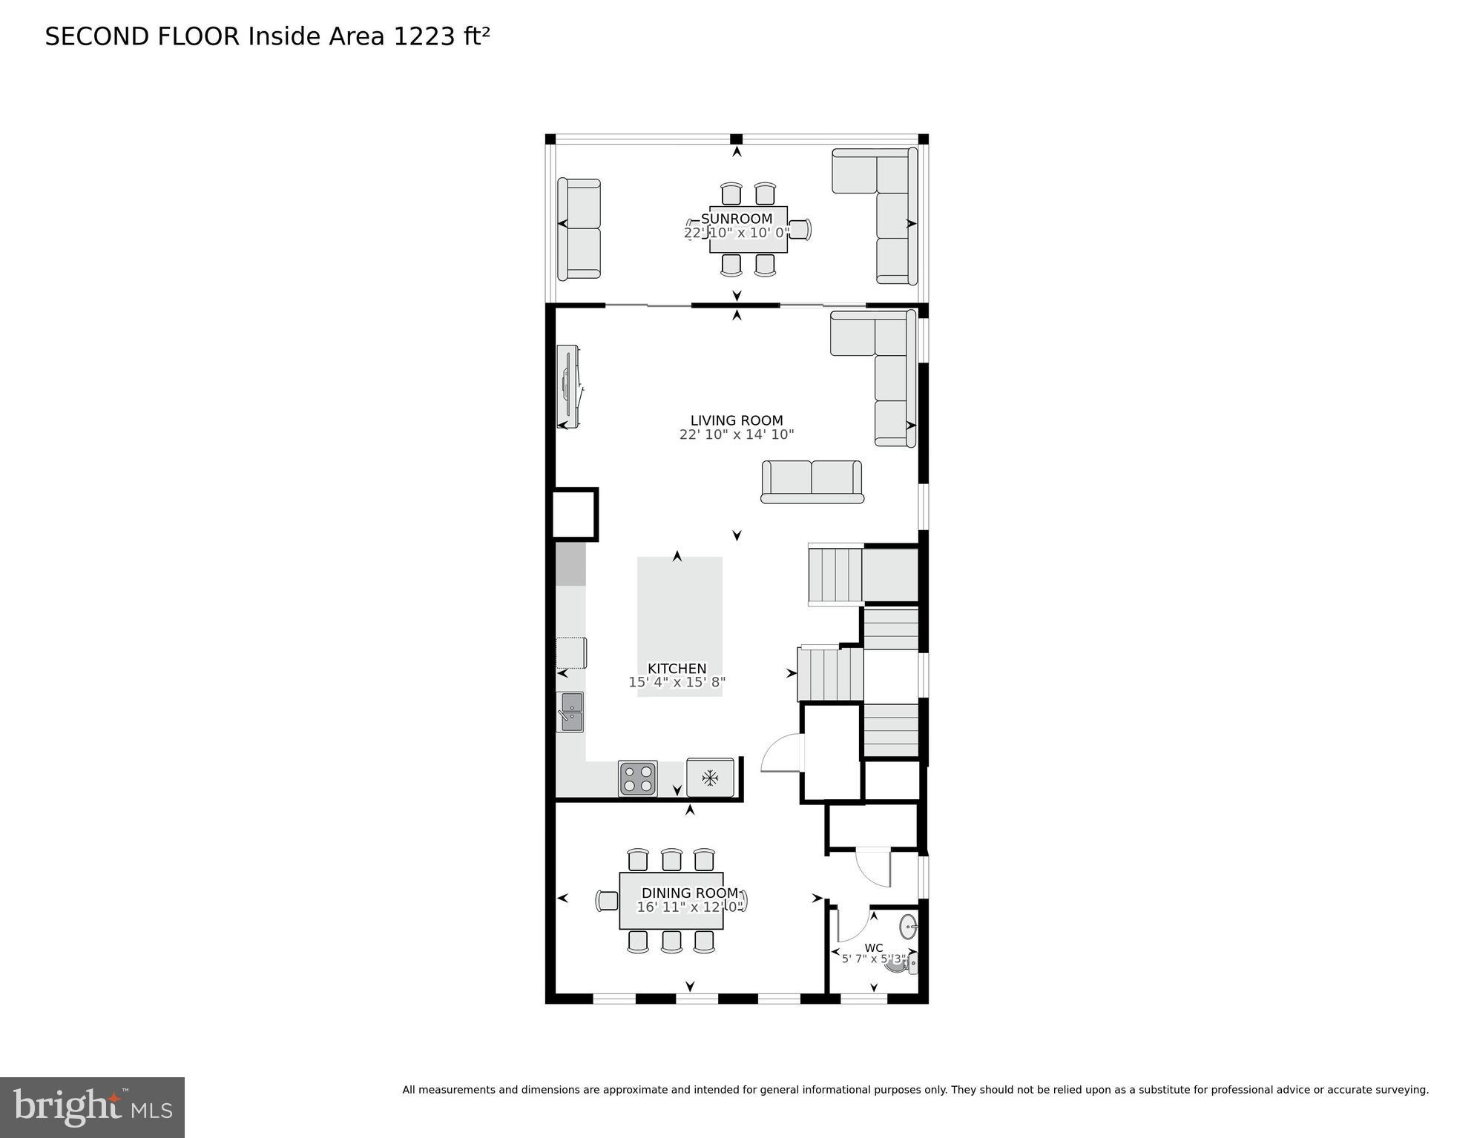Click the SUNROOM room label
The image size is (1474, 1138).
736,219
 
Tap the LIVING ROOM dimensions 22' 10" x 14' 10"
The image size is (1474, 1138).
736,434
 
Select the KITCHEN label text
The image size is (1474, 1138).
677,668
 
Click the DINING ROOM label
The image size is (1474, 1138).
689,893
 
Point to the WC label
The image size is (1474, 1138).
873,947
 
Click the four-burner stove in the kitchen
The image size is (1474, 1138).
637,778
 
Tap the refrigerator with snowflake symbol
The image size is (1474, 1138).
710,778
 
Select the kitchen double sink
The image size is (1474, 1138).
571,712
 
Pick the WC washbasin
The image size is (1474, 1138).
909,926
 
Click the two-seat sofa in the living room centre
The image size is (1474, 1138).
812,481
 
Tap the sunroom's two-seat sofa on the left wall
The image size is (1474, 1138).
579,228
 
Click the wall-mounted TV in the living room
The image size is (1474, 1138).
570,386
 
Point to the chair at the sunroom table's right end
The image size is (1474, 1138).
800,229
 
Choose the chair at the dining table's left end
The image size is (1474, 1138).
607,900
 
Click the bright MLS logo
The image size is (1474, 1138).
92,1107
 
